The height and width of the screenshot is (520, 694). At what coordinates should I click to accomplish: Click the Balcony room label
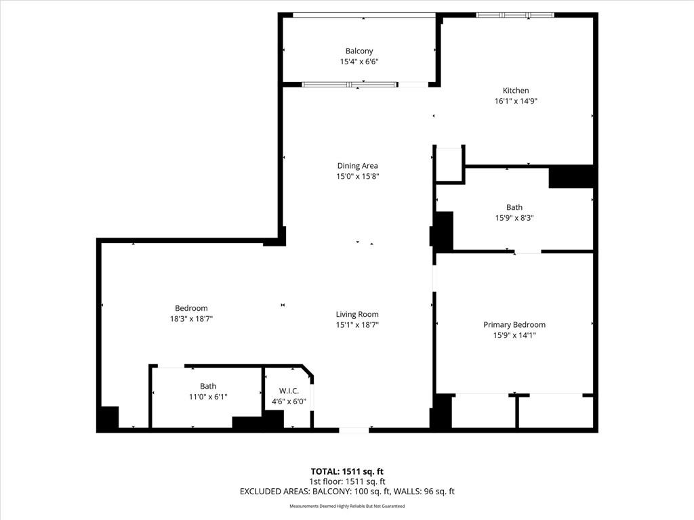(x=359, y=51)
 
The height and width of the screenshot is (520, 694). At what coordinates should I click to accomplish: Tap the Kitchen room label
(x=516, y=91)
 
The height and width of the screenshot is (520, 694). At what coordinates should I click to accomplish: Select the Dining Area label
(x=358, y=166)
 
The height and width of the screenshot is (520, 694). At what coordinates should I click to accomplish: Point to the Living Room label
(x=357, y=314)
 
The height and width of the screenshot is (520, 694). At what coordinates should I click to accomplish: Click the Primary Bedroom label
(x=514, y=324)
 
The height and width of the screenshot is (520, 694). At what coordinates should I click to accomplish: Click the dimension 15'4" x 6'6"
(x=359, y=62)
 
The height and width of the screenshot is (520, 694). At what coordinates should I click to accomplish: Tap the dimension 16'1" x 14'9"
(x=516, y=101)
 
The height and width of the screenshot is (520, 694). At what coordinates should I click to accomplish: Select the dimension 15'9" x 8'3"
(x=514, y=218)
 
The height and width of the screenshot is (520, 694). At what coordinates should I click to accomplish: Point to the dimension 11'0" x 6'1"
(x=208, y=397)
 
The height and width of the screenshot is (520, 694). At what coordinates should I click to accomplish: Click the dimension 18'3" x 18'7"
(x=191, y=318)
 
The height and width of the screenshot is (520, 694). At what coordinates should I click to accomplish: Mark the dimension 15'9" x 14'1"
(x=514, y=335)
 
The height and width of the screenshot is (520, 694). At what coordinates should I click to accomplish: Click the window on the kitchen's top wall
(x=515, y=15)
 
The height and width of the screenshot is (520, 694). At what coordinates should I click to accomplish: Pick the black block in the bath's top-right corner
(x=571, y=177)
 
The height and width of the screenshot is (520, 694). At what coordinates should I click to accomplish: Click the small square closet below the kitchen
(x=449, y=165)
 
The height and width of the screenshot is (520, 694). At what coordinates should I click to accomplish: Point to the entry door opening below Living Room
(x=354, y=429)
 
